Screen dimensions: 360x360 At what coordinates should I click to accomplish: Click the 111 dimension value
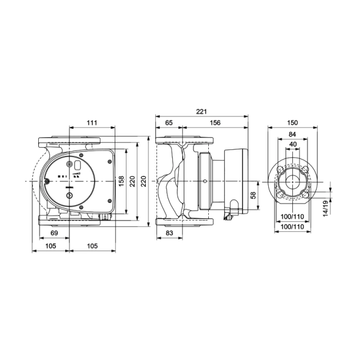[92, 123]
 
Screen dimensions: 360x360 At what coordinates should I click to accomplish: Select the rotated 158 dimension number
[121, 181]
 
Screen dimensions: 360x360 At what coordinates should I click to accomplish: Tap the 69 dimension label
[54, 233]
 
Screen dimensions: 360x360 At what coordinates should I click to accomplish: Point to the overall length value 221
[201, 112]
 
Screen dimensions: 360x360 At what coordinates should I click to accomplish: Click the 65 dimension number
[169, 123]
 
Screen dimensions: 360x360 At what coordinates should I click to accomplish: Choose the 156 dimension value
[215, 123]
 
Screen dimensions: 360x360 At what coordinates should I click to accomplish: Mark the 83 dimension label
[169, 233]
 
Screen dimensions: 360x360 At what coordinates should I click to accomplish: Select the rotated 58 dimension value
[253, 195]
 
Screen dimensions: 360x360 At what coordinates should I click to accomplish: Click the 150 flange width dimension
[292, 123]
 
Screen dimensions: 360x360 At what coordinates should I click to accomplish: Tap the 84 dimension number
[292, 134]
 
